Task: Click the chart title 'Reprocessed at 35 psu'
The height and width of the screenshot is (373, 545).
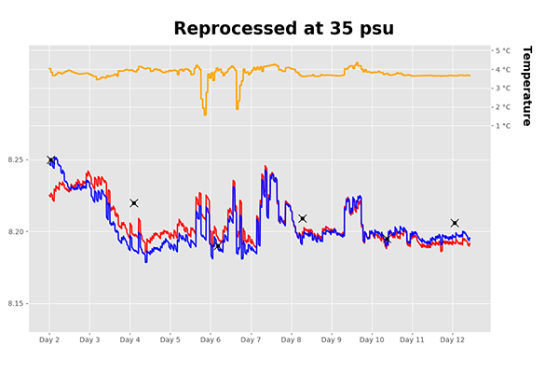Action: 283,29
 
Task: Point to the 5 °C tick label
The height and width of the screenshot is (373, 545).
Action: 503,50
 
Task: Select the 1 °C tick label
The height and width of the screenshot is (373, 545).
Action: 503,126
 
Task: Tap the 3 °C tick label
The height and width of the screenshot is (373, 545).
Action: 503,89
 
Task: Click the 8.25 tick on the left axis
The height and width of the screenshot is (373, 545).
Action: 18,160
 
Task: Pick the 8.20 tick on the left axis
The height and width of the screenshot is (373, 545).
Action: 18,232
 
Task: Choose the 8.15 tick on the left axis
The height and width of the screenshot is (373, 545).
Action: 18,304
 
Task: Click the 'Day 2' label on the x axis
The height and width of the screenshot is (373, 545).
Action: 49,340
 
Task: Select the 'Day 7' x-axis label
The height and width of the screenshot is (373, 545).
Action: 251,340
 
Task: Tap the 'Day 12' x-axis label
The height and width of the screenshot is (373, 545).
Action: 453,340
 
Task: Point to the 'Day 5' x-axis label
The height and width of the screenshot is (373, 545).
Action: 170,340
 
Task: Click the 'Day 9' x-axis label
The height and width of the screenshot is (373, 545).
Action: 332,340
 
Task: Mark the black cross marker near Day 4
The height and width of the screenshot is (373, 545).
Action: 134,203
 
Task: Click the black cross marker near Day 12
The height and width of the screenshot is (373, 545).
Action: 455,223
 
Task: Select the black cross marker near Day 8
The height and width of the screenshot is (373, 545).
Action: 303,218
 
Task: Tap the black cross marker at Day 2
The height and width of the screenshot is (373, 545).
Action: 50,160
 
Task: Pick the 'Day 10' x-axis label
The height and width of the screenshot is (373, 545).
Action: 372,340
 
